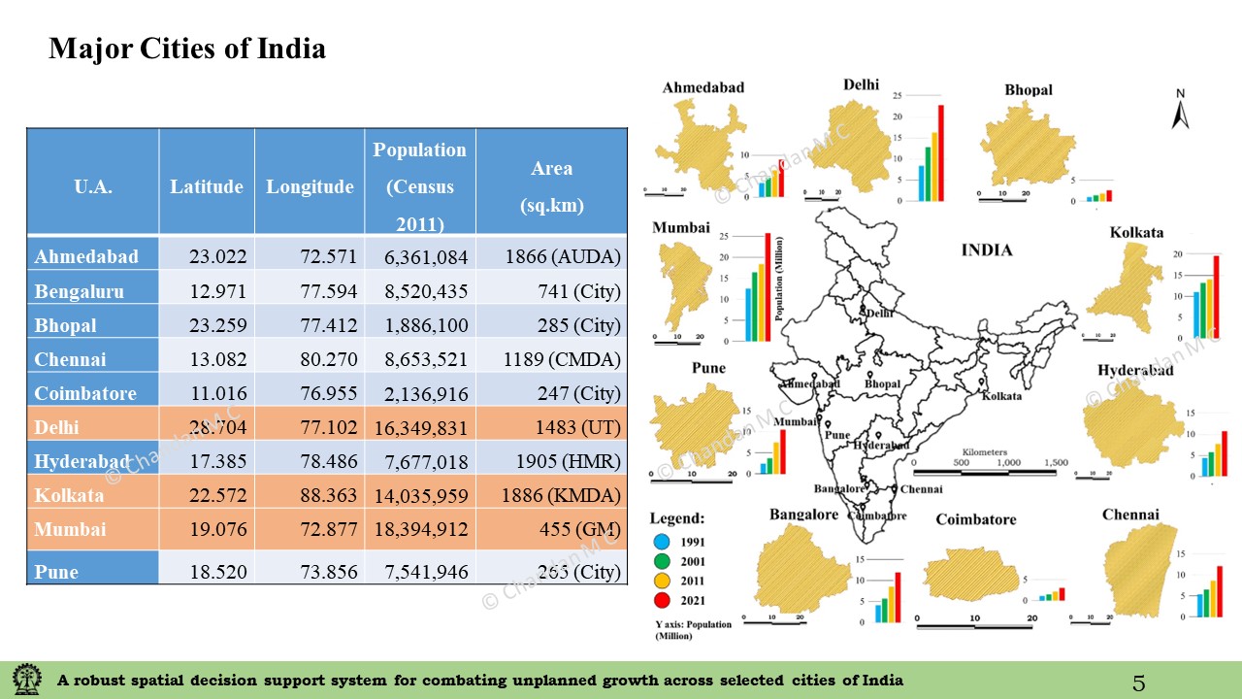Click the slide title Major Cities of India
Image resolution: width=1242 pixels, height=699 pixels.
(187, 49)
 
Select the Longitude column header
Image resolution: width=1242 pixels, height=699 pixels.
(310, 186)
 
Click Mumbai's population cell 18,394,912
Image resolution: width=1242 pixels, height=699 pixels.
(421, 530)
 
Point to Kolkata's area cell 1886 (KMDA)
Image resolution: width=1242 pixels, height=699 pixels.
(560, 496)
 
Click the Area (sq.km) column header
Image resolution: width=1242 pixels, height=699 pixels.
(551, 186)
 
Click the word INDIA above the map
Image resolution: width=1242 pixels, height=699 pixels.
(986, 250)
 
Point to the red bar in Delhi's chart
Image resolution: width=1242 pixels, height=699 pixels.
(939, 152)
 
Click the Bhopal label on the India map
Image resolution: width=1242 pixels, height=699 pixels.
(882, 384)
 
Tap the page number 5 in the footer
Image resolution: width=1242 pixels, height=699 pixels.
(1138, 683)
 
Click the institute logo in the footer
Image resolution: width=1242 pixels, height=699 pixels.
(26, 680)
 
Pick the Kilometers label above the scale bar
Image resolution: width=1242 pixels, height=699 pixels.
(985, 452)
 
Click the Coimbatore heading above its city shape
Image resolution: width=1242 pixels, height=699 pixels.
(975, 520)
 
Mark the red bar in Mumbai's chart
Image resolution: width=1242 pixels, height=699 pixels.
(768, 287)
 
